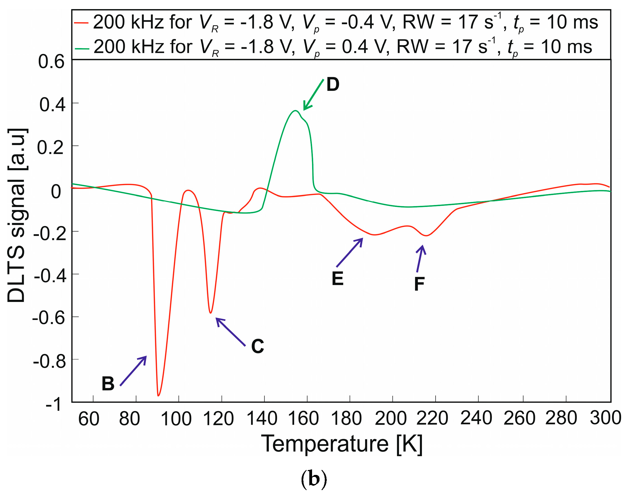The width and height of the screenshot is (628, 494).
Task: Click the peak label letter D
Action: coord(333,85)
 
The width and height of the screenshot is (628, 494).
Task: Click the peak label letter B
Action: coord(108,384)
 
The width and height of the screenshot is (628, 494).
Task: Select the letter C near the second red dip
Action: coord(257,346)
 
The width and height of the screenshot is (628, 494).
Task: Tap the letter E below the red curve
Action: coord(337,279)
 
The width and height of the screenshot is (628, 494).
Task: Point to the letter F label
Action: coord(419,284)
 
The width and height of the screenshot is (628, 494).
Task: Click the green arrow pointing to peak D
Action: coord(313,95)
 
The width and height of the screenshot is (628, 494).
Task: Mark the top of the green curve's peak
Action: coord(295,111)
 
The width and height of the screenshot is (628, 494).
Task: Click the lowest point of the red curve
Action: coord(158,395)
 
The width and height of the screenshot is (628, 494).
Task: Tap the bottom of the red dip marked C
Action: coord(210,313)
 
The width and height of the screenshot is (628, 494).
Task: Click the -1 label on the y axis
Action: coord(53,404)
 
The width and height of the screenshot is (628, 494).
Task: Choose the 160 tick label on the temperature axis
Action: coord(303,419)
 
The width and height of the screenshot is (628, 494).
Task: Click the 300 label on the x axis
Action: coord(605,418)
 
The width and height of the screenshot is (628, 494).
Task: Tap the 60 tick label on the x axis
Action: coord(88,419)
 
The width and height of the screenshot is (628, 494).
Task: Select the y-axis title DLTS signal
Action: coord(17,216)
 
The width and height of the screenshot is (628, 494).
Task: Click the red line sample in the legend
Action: coord(81,22)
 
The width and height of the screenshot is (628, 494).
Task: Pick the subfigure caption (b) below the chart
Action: coord(314,479)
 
